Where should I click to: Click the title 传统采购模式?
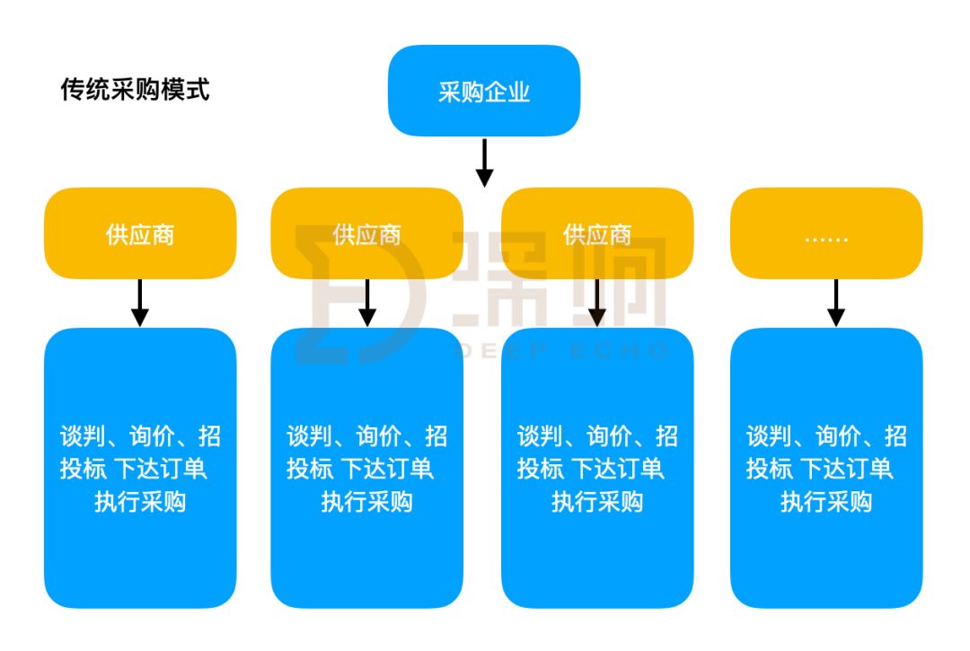(x=135, y=90)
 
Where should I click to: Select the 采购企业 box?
(x=484, y=92)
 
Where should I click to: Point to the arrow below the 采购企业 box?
(x=484, y=163)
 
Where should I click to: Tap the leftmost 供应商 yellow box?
(x=140, y=234)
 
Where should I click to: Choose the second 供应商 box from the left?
(x=366, y=234)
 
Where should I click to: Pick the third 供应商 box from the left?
(x=597, y=234)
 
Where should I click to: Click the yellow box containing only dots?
(x=826, y=234)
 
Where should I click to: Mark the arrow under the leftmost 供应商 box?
(x=140, y=303)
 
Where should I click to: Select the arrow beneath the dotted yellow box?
(x=836, y=303)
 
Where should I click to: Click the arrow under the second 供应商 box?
(x=366, y=303)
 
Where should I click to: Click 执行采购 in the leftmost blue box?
(x=140, y=501)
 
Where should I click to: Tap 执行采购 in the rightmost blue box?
(x=826, y=501)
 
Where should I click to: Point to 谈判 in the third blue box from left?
(x=540, y=436)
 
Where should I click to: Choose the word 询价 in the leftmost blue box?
(x=150, y=436)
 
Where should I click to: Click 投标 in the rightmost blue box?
(x=769, y=469)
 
